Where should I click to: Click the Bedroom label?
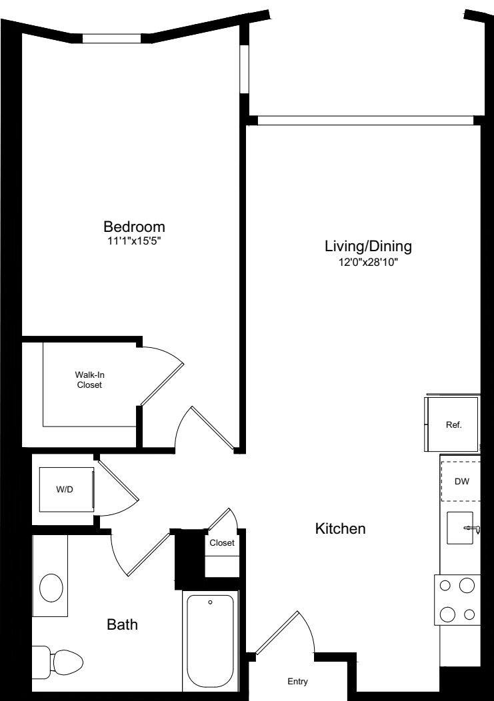pyautogui.click(x=134, y=226)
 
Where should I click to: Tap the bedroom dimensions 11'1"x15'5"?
pyautogui.click(x=134, y=241)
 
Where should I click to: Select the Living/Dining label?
pyautogui.click(x=368, y=247)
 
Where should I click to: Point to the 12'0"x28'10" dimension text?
pyautogui.click(x=368, y=263)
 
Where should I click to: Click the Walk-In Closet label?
pyautogui.click(x=89, y=380)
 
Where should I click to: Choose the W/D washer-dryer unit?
pyautogui.click(x=66, y=490)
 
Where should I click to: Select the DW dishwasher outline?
pyautogui.click(x=461, y=482)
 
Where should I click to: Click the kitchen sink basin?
pyautogui.click(x=459, y=528)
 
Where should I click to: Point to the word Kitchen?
pyautogui.click(x=341, y=528)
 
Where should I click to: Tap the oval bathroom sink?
pyautogui.click(x=51, y=588)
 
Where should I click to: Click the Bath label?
pyautogui.click(x=122, y=624)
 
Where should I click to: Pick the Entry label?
pyautogui.click(x=297, y=681)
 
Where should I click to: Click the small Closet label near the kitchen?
pyautogui.click(x=222, y=542)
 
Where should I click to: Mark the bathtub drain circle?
pyautogui.click(x=210, y=602)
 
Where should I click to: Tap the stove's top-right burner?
pyautogui.click(x=467, y=585)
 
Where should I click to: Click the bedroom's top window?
pyautogui.click(x=112, y=39)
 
